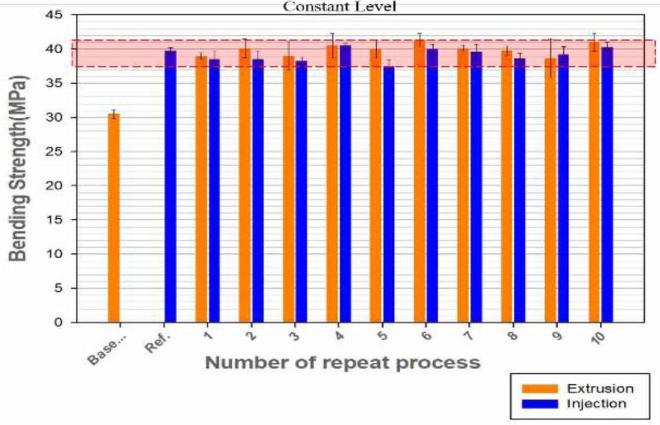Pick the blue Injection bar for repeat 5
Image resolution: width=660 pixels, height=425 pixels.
389,194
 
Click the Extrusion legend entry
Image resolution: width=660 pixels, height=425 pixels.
576,388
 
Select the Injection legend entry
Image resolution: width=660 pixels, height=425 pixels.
576,404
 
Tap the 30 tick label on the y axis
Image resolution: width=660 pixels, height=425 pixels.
66,117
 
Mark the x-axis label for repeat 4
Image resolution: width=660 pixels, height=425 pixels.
339,337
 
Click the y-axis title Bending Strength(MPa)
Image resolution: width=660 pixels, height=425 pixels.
19,167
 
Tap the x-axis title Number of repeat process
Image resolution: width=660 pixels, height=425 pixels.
342,362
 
